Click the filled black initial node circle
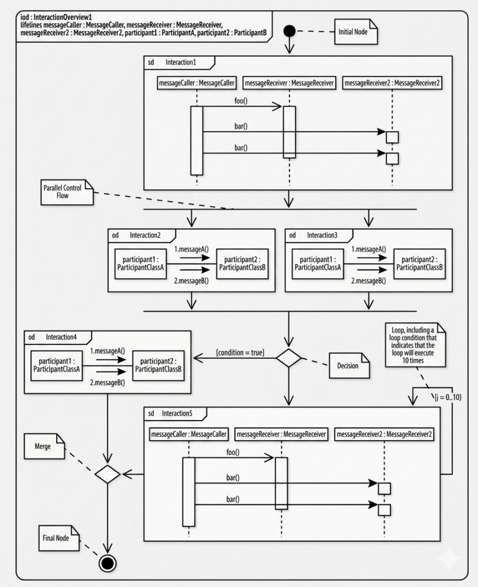(x=289, y=31)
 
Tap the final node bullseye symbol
(x=107, y=563)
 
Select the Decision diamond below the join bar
(x=289, y=358)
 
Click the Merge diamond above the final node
(x=107, y=474)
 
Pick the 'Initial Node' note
(x=355, y=32)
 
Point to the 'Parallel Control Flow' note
(x=67, y=192)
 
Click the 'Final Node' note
(x=59, y=538)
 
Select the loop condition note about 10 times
(x=416, y=345)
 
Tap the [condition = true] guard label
(x=240, y=353)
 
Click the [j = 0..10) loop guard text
(x=448, y=397)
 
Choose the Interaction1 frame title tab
(x=179, y=62)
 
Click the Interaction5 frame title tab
(x=175, y=414)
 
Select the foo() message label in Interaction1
(x=241, y=101)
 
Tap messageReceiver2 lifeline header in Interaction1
(x=392, y=83)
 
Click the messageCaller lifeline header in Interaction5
(x=189, y=435)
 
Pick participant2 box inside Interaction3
(x=420, y=264)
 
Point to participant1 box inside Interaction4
(x=57, y=366)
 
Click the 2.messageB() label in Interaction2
(x=191, y=281)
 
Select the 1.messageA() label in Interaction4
(x=107, y=351)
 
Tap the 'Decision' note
(x=349, y=365)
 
